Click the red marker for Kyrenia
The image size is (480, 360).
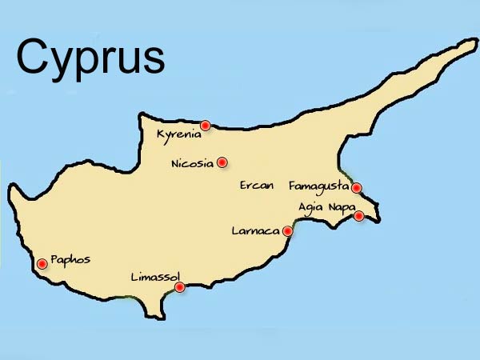(206, 125)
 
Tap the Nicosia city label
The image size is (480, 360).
(192, 163)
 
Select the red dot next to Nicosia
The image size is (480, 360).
(222, 162)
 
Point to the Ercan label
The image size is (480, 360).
(257, 185)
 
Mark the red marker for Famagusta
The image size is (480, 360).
(357, 188)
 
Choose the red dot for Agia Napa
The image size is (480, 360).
(359, 215)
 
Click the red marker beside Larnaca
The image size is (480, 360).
(288, 231)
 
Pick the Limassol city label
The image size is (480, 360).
(155, 277)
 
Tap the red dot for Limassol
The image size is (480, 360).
(180, 286)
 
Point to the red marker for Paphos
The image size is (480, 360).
(42, 262)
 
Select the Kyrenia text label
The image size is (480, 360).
(178, 134)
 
